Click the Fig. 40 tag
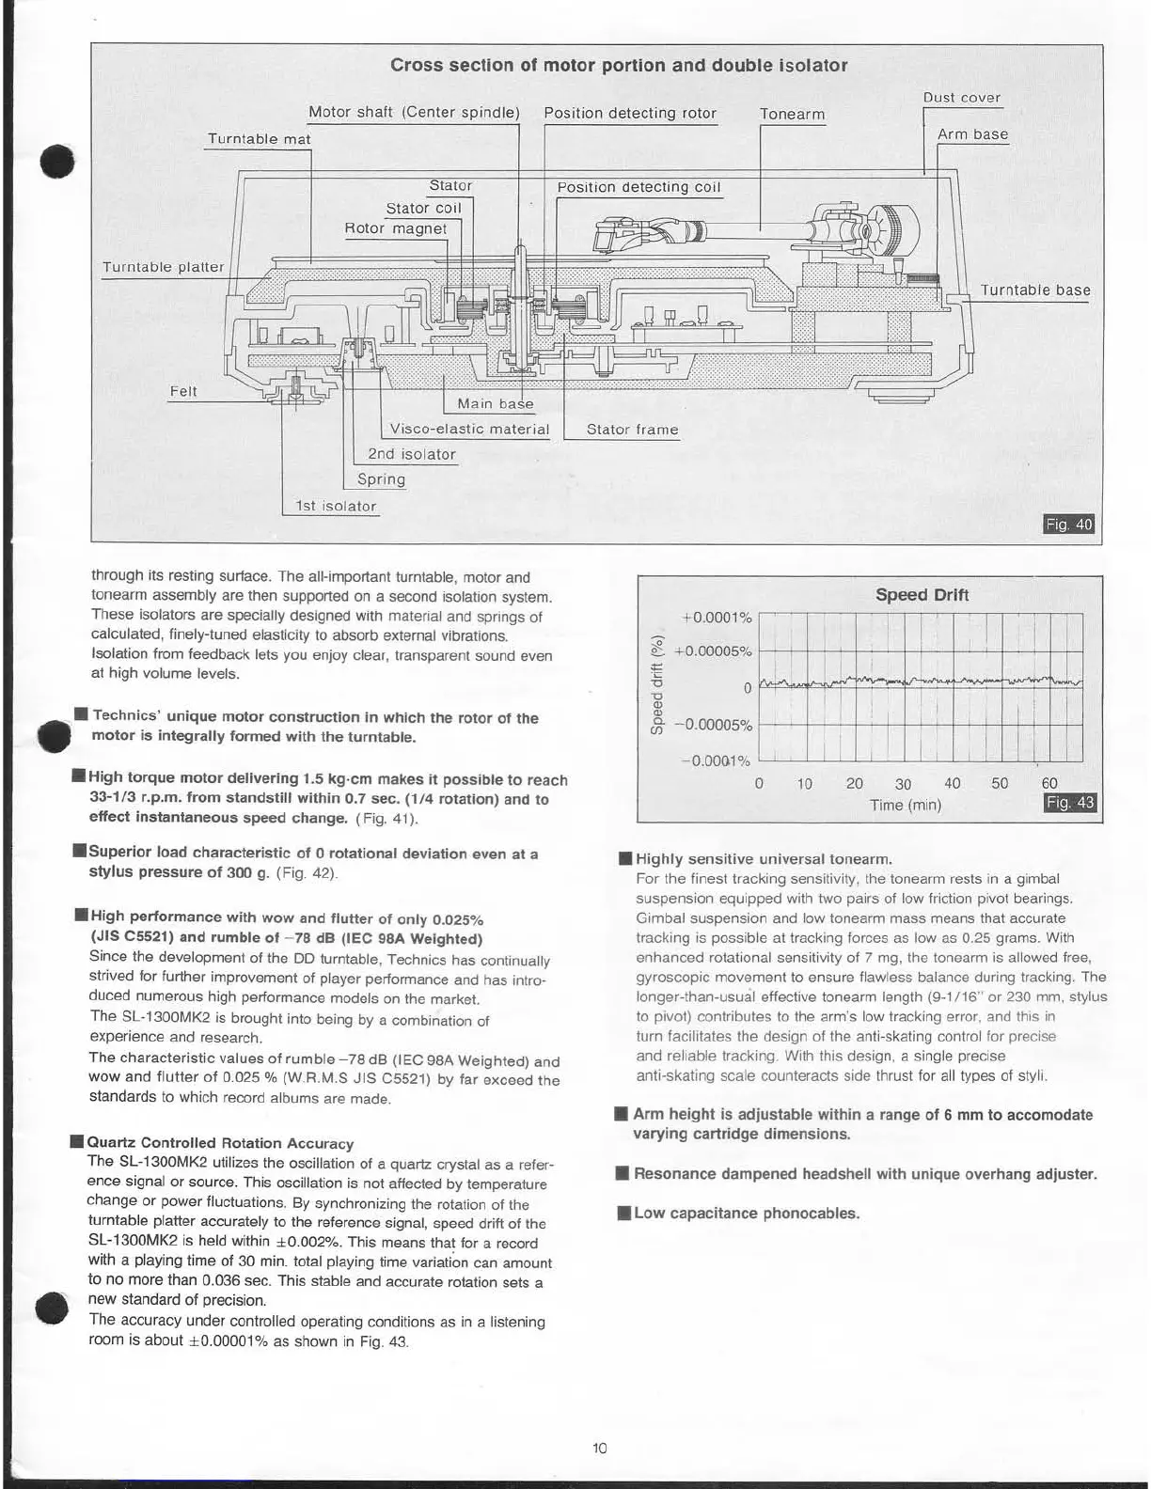(1069, 524)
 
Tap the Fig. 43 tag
(1070, 802)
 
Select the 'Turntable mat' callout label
(259, 139)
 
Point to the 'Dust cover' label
(961, 98)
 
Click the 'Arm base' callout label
(972, 134)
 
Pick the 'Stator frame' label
(632, 430)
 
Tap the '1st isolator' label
(336, 507)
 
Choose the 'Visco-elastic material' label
(469, 430)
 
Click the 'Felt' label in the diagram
(183, 391)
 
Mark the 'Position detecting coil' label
(639, 187)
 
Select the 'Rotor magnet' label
(396, 228)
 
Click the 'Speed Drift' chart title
(922, 594)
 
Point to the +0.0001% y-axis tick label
(717, 618)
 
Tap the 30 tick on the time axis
(903, 784)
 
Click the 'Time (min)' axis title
(905, 805)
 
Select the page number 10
(600, 1448)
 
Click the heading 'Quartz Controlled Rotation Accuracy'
(220, 1143)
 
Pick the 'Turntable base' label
(1035, 290)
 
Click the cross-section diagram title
(618, 66)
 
